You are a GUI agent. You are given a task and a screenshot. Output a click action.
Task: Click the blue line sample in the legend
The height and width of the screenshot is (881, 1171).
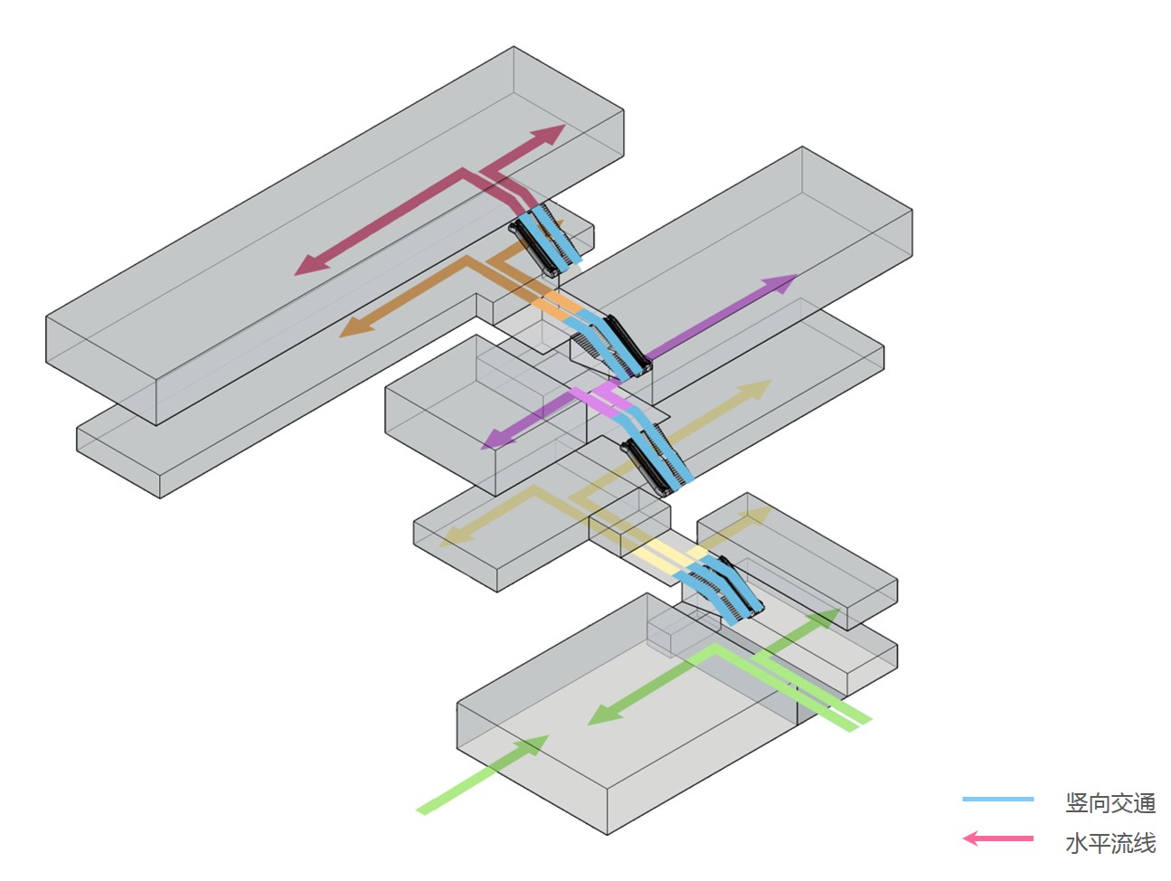997,800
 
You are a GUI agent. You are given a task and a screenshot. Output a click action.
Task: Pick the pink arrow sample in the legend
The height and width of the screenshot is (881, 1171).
997,838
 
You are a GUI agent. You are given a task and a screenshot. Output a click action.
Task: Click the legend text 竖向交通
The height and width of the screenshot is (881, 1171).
1110,802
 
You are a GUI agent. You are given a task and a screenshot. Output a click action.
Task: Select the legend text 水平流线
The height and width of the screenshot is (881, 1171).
1110,843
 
